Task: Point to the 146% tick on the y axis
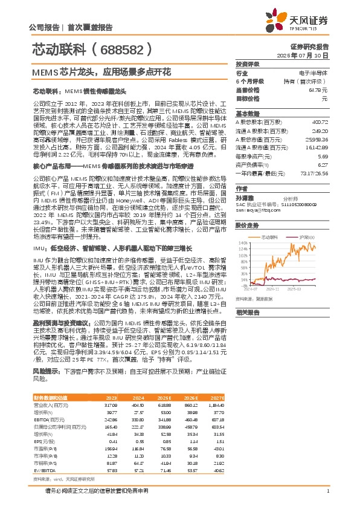click(242, 241)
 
